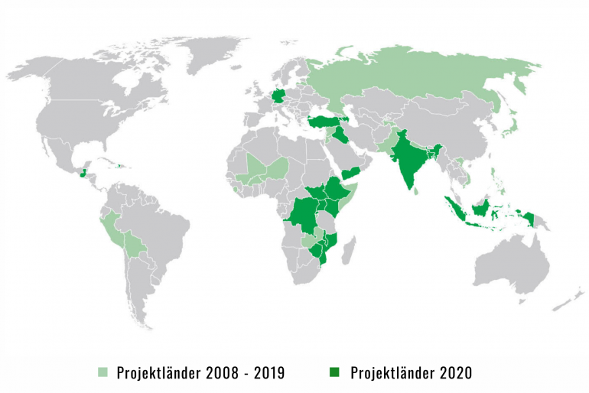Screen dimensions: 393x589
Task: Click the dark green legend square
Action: coord(335,373)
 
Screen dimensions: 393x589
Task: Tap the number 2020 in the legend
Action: coord(454,373)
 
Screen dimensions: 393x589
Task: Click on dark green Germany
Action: coord(276,98)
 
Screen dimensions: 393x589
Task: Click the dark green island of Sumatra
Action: coord(454,207)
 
